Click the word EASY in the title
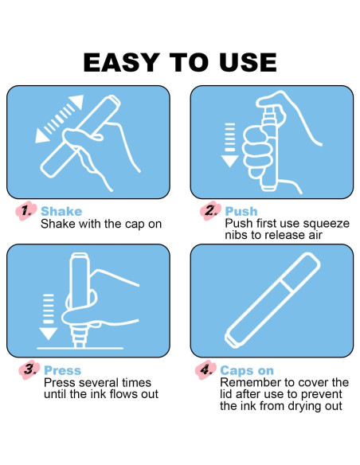[122, 62]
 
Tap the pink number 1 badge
[26, 211]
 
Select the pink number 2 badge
[210, 211]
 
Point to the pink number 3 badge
[29, 369]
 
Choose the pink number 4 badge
[205, 369]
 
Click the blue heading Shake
[61, 211]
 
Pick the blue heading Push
[241, 211]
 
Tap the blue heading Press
[63, 370]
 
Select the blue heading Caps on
[247, 370]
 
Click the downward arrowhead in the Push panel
[230, 161]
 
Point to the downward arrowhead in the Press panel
[48, 334]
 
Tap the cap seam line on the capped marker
[287, 285]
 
